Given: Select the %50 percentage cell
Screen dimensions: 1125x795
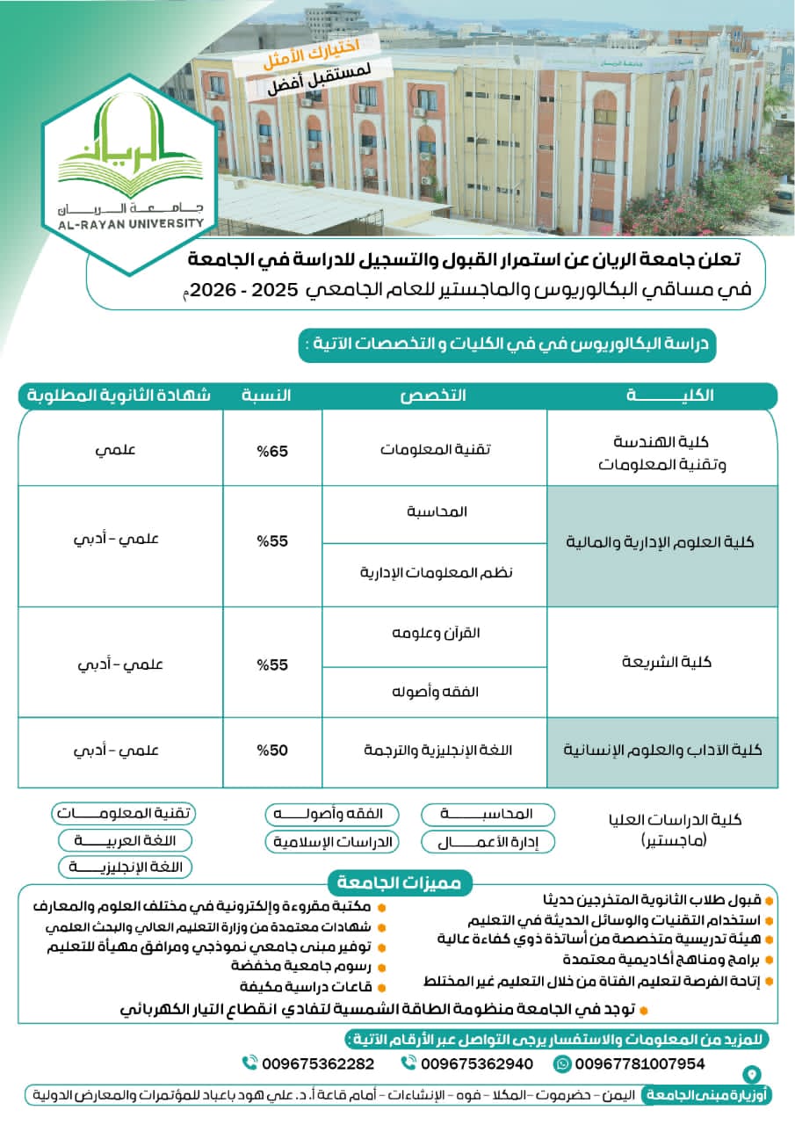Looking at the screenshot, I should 272,751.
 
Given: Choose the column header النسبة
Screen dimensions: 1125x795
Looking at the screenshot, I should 266,396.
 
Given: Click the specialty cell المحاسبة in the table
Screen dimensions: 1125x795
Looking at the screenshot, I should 436,512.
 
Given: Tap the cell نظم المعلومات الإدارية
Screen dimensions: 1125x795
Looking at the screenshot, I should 436,572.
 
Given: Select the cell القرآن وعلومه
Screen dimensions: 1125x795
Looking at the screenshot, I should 436,633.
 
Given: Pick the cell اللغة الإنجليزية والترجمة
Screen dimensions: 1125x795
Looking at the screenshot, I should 436,751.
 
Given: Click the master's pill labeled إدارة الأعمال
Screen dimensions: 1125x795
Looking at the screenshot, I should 488,842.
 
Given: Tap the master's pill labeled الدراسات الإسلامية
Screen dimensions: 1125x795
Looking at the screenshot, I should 332,842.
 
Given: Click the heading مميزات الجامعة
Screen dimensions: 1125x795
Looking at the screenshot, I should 401,883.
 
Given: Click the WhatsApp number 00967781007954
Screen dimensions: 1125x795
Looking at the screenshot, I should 640,1063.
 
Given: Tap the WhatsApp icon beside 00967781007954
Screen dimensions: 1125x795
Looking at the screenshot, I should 562,1063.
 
